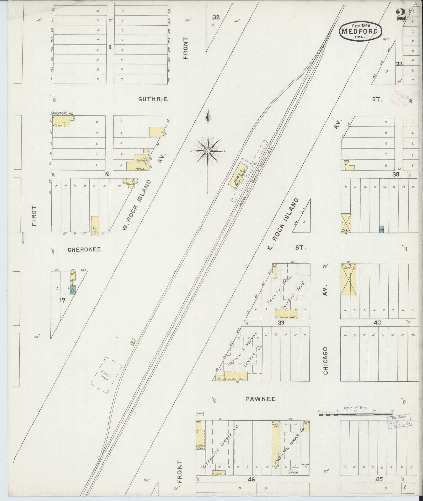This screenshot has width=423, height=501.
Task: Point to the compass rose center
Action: [x=208, y=151]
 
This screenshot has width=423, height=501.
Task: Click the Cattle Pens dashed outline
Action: [x=106, y=375]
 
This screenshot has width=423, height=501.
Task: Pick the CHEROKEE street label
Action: [x=84, y=250]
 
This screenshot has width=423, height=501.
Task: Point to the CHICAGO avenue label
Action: [x=325, y=361]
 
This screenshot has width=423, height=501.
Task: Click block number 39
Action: [x=281, y=323]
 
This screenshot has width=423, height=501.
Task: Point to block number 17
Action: [x=62, y=300]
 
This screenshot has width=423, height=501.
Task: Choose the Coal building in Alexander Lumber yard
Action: [x=218, y=474]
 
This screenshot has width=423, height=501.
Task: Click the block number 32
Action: [x=216, y=17]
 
